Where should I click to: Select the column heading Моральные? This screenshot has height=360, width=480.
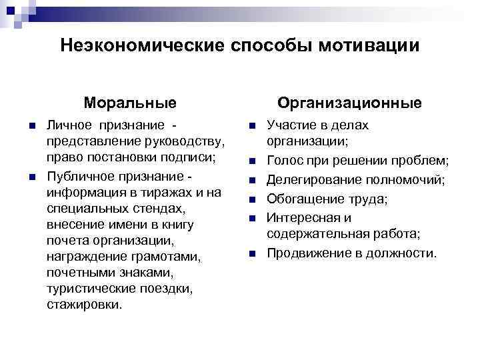coord(130,103)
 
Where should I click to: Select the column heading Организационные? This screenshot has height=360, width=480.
coord(349,103)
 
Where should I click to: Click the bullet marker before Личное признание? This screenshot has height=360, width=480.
coord(23,127)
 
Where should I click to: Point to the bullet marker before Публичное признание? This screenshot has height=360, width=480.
coord(23,177)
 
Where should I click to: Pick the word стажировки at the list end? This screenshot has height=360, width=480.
coord(85,305)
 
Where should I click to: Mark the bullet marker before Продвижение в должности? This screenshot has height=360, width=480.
coord(253,254)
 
